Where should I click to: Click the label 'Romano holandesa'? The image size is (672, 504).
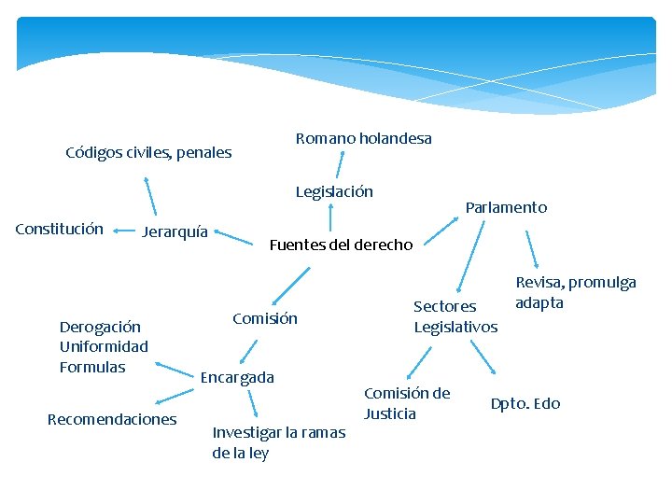363,139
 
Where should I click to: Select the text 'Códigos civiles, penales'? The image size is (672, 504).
148,153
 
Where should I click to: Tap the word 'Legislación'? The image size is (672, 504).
334,192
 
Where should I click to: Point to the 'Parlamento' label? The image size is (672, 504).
506,208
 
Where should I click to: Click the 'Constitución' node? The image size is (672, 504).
60,230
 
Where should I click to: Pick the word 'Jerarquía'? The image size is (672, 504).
175,232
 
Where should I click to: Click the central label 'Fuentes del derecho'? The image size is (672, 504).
341,245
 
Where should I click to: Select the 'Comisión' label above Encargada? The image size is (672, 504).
265,319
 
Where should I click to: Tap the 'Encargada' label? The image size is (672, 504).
237,378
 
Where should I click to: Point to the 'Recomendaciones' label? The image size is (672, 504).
112,420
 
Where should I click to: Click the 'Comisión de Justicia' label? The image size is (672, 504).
407,403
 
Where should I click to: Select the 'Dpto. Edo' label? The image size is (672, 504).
525,404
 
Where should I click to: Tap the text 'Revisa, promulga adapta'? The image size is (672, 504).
575,293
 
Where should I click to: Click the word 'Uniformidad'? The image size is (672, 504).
104,347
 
